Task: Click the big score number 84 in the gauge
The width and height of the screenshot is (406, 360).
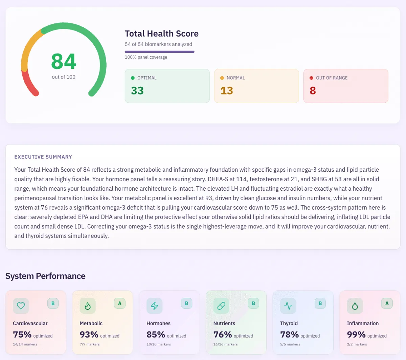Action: click(x=64, y=62)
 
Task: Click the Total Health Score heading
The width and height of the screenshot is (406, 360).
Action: click(x=161, y=34)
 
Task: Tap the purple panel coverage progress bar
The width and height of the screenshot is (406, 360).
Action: click(x=159, y=52)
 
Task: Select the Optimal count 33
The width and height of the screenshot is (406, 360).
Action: click(x=137, y=91)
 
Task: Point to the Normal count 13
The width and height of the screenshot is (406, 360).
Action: click(x=227, y=91)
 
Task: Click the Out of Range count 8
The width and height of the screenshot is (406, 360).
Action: click(x=313, y=91)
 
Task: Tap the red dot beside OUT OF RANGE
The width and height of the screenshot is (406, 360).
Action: click(x=311, y=78)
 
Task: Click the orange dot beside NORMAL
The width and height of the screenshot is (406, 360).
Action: click(x=222, y=78)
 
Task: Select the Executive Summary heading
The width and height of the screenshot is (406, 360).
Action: click(x=43, y=157)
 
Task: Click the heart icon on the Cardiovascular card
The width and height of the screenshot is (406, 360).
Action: click(x=21, y=306)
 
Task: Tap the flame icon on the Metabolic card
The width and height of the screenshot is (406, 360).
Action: click(x=88, y=306)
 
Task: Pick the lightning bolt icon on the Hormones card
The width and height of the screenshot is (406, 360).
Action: click(x=155, y=306)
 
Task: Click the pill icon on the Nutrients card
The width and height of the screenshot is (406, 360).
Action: click(x=221, y=306)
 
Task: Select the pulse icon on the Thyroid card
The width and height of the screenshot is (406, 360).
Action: click(x=288, y=306)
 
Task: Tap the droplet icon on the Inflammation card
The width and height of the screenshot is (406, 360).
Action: click(x=355, y=306)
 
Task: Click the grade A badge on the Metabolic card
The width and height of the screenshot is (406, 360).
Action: click(x=119, y=303)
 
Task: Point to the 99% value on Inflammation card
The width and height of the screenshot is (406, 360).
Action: click(x=356, y=335)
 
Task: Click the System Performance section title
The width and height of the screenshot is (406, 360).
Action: click(x=45, y=276)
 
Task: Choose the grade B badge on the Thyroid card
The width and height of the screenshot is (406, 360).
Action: click(x=320, y=303)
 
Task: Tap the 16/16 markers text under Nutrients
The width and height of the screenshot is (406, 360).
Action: click(x=225, y=344)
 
